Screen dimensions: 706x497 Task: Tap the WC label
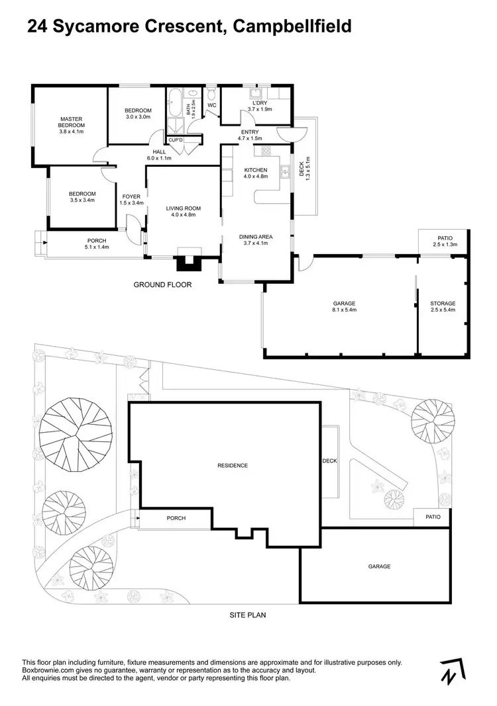pos(212,105)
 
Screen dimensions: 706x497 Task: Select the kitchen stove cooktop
pos(267,152)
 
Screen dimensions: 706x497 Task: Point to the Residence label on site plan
pos(233,465)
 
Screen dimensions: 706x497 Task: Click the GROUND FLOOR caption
pos(162,285)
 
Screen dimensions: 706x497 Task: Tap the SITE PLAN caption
pos(248,615)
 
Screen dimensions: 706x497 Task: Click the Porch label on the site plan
pos(176,518)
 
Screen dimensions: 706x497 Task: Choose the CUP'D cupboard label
pos(175,140)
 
